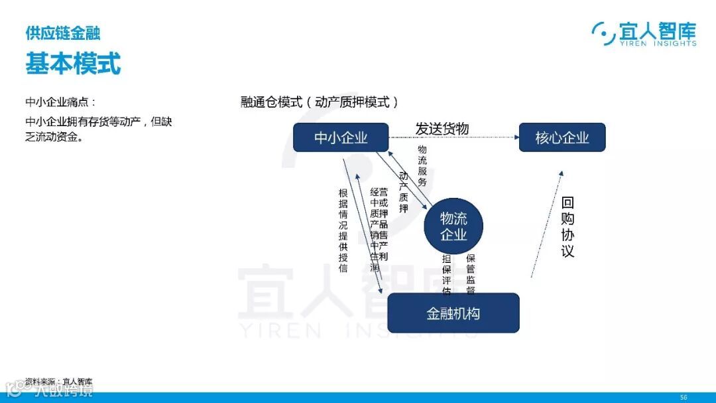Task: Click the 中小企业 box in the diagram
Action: click(x=340, y=137)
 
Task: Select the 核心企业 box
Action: click(x=562, y=137)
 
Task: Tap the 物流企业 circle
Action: click(x=453, y=226)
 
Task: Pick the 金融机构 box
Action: click(x=453, y=313)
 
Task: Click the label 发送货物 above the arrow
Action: click(x=442, y=128)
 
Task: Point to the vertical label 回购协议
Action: click(x=567, y=227)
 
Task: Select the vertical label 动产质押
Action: click(x=403, y=192)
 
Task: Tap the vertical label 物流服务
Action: click(x=422, y=166)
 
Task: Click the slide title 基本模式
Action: click(x=73, y=64)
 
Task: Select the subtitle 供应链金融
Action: click(x=62, y=33)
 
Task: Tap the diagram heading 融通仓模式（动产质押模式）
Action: click(x=320, y=102)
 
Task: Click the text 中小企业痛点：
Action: click(x=60, y=102)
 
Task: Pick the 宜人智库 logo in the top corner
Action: click(x=644, y=33)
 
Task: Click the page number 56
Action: click(x=683, y=396)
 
